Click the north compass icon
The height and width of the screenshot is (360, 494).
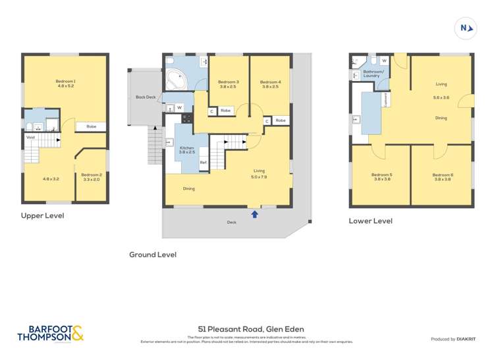[x=466, y=28]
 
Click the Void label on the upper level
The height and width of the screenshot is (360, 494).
[x=30, y=138]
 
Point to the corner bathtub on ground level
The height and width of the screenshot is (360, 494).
[x=177, y=80]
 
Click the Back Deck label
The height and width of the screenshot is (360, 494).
[x=146, y=97]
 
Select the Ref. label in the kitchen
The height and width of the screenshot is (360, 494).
[x=204, y=163]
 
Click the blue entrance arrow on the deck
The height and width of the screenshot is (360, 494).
[x=255, y=213]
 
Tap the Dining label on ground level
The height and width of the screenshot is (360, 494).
[x=189, y=189]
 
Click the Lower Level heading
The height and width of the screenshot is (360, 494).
[x=370, y=221]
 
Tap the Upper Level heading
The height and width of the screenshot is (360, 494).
[x=43, y=215]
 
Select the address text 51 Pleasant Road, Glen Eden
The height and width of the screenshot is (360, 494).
[x=251, y=329]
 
